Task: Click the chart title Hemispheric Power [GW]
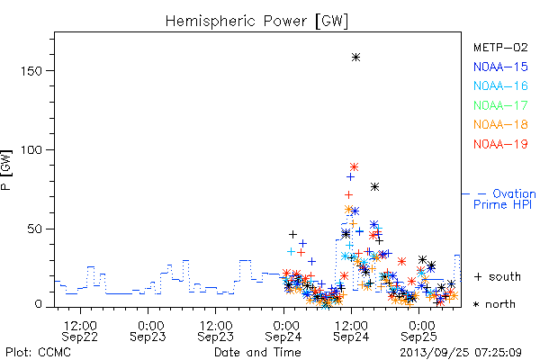pos(256,22)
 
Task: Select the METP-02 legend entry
pos(500,47)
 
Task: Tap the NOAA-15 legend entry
pos(500,67)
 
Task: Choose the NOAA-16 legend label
pos(500,85)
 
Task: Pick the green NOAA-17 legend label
pos(500,105)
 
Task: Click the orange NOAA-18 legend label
pos(500,124)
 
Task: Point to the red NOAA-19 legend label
pos(500,144)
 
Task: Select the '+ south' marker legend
pos(498,276)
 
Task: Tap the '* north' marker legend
pos(494,304)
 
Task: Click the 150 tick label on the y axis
pos(31,71)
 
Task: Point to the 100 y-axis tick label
pos(31,150)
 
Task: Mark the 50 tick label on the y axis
pos(34,229)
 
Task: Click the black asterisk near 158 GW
pos(356,58)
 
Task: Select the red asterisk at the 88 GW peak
pos(354,167)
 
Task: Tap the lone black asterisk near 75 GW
pos(374,186)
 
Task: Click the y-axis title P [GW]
pos(6,170)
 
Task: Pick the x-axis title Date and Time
pos(257,353)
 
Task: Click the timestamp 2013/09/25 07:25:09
pos(461,353)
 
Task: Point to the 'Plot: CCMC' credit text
pos(38,353)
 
